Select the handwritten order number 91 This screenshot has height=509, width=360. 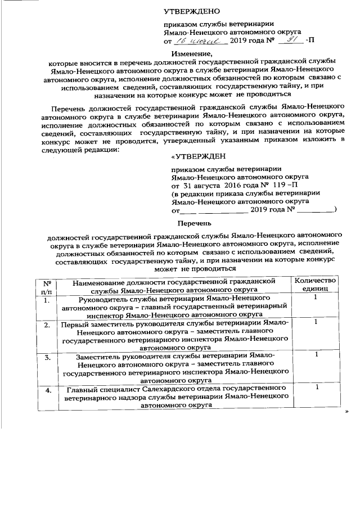(291, 40)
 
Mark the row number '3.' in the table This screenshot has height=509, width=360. (47, 357)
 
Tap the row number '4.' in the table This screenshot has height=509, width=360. (47, 389)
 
